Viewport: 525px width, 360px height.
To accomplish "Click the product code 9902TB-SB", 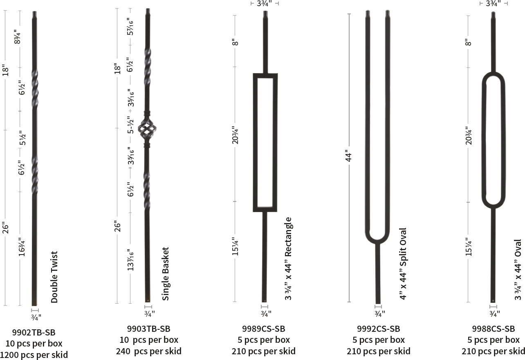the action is [x=34, y=332].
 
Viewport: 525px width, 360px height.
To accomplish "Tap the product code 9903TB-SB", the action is [x=148, y=329].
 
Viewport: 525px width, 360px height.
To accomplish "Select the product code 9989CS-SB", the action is [x=263, y=329].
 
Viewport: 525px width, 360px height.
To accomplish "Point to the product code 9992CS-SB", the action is [x=378, y=329].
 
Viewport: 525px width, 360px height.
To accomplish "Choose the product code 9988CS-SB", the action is [x=494, y=329].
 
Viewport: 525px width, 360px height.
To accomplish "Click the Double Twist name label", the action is [x=54, y=277].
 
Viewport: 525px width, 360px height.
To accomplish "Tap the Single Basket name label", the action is [x=166, y=274].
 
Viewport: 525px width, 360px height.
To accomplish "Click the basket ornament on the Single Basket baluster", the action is [x=147, y=128].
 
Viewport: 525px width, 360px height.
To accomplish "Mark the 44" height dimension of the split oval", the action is [x=348, y=156].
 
